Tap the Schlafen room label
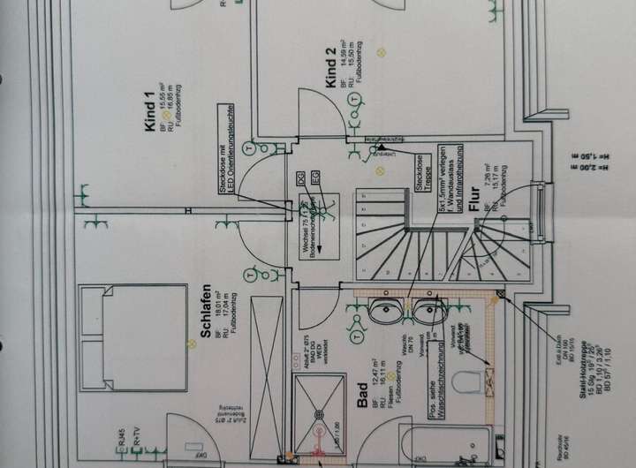tap(205, 314)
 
